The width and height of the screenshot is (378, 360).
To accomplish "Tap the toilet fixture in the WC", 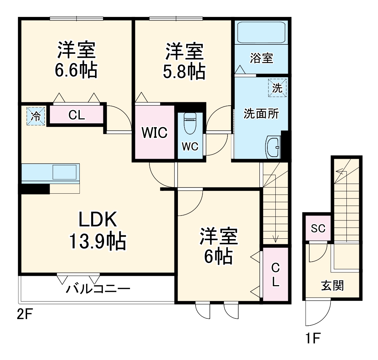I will click(x=190, y=124).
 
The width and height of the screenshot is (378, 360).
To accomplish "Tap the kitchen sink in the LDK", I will click(x=65, y=172).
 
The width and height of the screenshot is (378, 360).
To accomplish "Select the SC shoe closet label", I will click(x=318, y=229).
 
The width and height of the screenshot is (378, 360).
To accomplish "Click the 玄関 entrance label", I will click(x=332, y=286).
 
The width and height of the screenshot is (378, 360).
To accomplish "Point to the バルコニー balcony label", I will click(x=98, y=288).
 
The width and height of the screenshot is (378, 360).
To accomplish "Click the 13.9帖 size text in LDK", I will click(x=97, y=242).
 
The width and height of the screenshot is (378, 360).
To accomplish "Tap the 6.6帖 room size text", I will click(x=76, y=70).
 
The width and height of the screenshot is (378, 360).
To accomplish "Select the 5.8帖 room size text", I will click(x=184, y=72).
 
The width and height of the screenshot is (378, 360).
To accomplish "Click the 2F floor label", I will click(x=25, y=315).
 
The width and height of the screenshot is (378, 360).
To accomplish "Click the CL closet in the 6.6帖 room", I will click(x=77, y=115).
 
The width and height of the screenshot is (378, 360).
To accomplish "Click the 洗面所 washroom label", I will click(x=261, y=114).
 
